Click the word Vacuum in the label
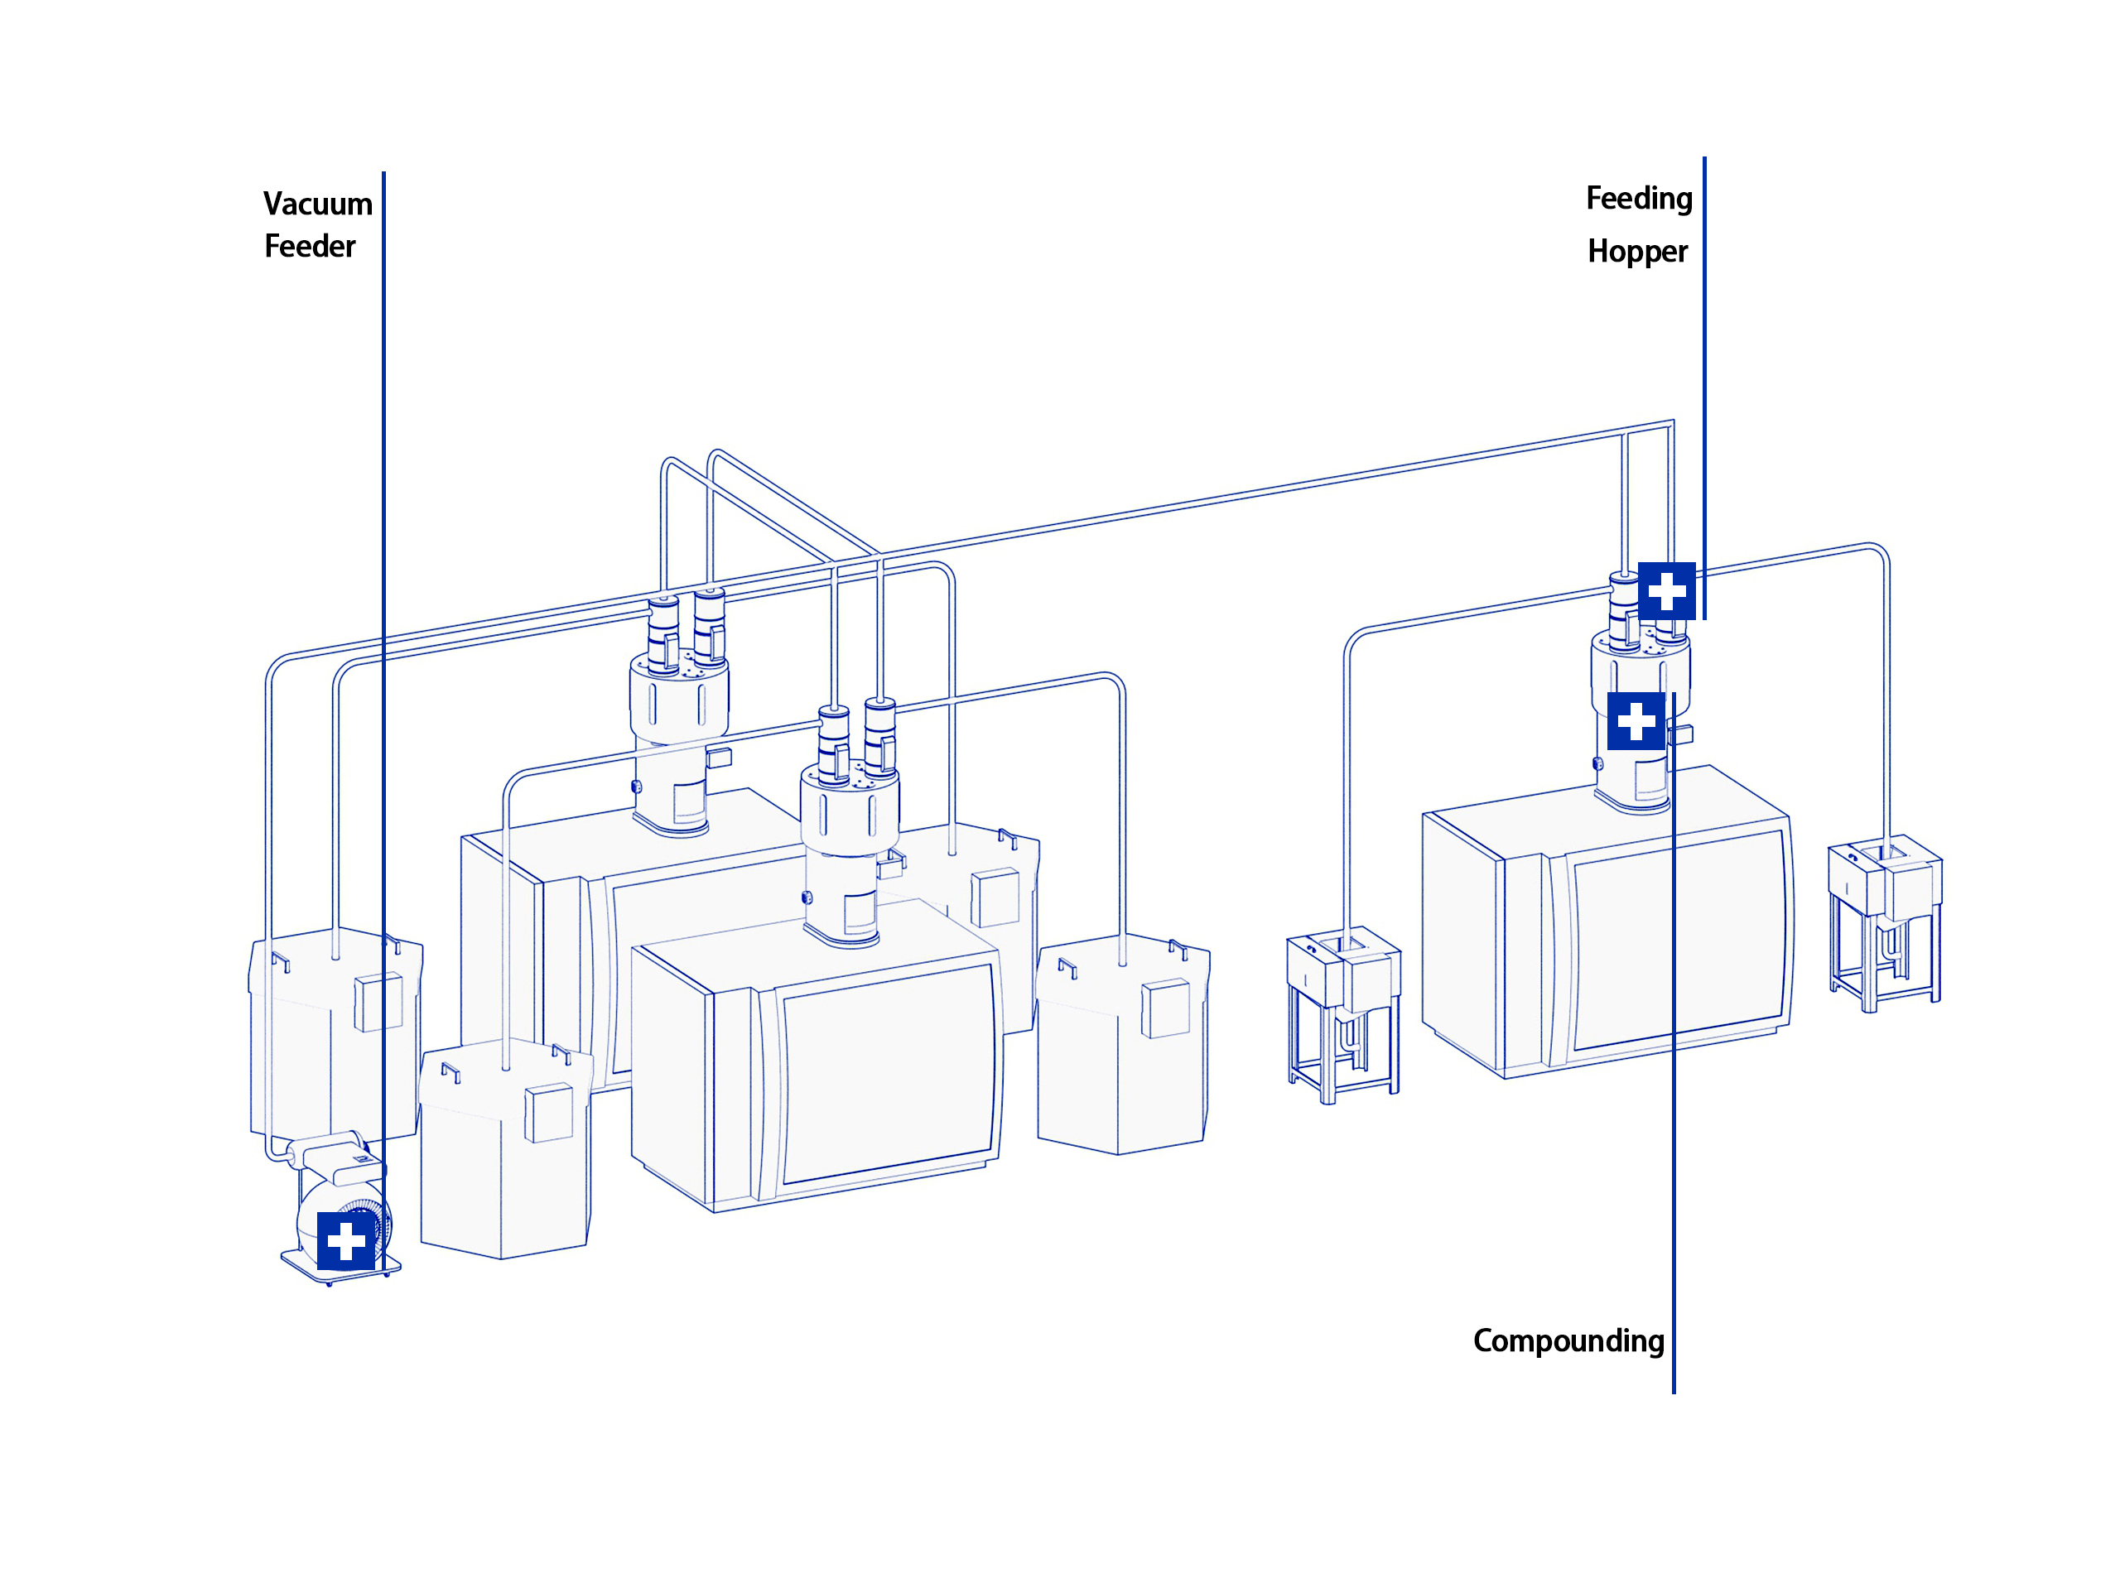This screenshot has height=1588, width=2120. click(x=317, y=205)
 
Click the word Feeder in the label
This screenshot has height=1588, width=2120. click(x=310, y=246)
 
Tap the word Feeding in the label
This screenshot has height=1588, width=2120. click(x=1639, y=199)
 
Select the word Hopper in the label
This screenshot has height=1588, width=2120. click(x=1637, y=251)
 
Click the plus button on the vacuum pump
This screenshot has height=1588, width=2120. click(x=346, y=1241)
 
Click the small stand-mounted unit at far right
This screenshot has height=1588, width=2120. click(x=1884, y=920)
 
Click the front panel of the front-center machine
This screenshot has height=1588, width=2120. click(x=889, y=1073)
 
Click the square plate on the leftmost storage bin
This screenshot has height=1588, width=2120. click(x=378, y=1002)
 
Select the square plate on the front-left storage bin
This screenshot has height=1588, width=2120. click(x=549, y=1112)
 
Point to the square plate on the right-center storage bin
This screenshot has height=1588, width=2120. click(x=1165, y=1008)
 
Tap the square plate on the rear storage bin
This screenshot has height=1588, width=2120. click(x=995, y=896)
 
